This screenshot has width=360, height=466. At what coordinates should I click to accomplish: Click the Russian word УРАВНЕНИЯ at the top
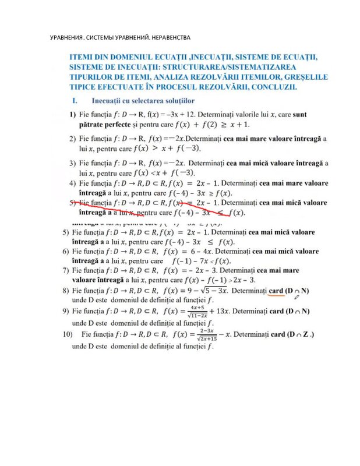pyautogui.click(x=67, y=38)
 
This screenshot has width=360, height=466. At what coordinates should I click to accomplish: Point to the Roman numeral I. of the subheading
pyautogui.click(x=75, y=101)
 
